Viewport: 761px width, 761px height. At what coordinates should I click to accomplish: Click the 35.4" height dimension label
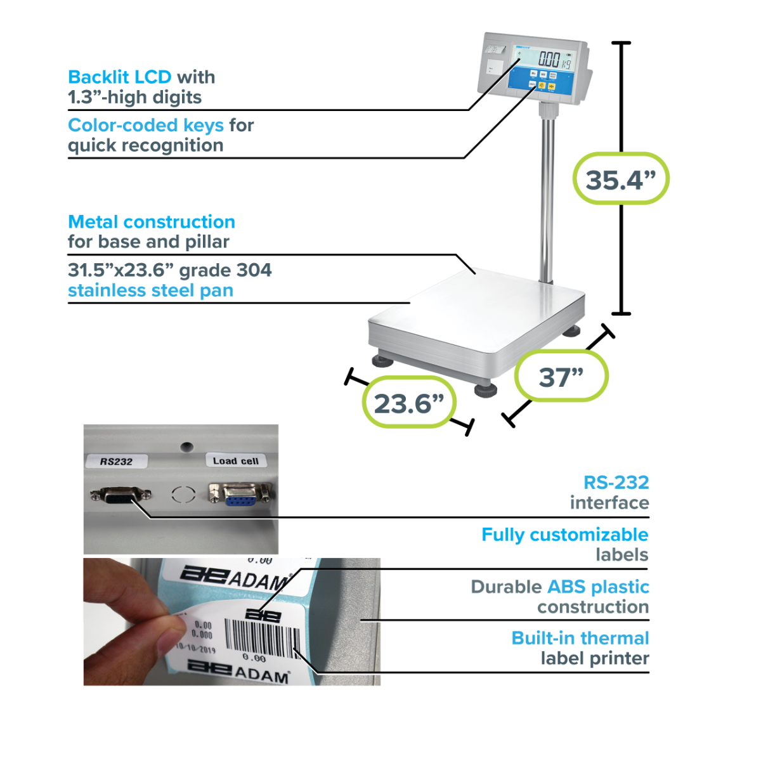[620, 179]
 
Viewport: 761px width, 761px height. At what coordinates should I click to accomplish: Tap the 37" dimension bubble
[561, 377]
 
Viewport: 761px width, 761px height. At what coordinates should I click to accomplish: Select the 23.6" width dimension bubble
[409, 403]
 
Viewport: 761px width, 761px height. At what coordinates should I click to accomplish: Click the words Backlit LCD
[119, 77]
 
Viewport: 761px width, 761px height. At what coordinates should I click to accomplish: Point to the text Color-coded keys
[145, 125]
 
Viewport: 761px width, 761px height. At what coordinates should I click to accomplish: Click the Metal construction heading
[151, 221]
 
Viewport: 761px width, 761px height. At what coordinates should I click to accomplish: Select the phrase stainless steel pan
[150, 290]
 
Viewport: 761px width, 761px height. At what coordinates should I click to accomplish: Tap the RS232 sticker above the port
[116, 461]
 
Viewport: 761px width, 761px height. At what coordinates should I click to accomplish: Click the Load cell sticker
[235, 460]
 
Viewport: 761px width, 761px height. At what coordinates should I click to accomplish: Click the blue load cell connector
[240, 494]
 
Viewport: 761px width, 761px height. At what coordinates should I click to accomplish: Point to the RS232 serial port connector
[120, 495]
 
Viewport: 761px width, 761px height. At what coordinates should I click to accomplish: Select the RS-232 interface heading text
[616, 482]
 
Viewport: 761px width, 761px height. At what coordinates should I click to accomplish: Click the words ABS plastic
[598, 587]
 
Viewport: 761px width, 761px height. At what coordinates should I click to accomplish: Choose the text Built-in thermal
[580, 638]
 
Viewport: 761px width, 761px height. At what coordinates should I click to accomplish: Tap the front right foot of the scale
[486, 388]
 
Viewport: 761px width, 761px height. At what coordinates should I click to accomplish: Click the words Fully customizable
[564, 535]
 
